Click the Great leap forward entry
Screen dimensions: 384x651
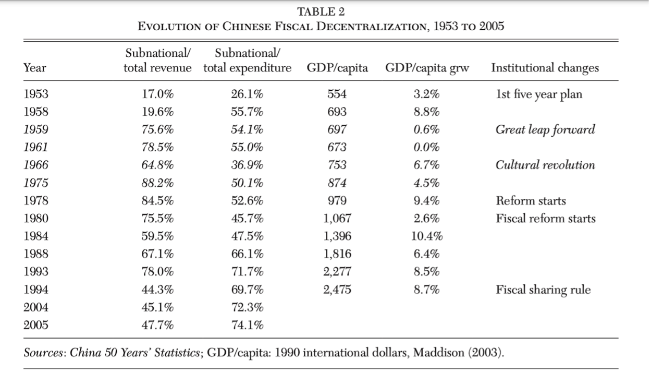click(x=545, y=130)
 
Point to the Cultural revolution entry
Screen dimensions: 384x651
click(x=545, y=165)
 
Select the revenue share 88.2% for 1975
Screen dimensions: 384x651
click(x=158, y=183)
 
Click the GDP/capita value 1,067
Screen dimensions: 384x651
click(x=337, y=219)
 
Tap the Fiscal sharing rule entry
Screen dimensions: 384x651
click(x=544, y=290)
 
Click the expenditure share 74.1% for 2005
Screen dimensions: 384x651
click(x=247, y=326)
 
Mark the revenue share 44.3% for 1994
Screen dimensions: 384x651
click(x=158, y=290)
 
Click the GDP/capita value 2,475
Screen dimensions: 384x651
click(x=337, y=290)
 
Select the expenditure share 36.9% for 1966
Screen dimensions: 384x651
click(x=247, y=165)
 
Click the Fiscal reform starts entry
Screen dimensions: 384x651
click(x=545, y=219)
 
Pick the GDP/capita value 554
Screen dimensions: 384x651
click(x=337, y=94)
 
